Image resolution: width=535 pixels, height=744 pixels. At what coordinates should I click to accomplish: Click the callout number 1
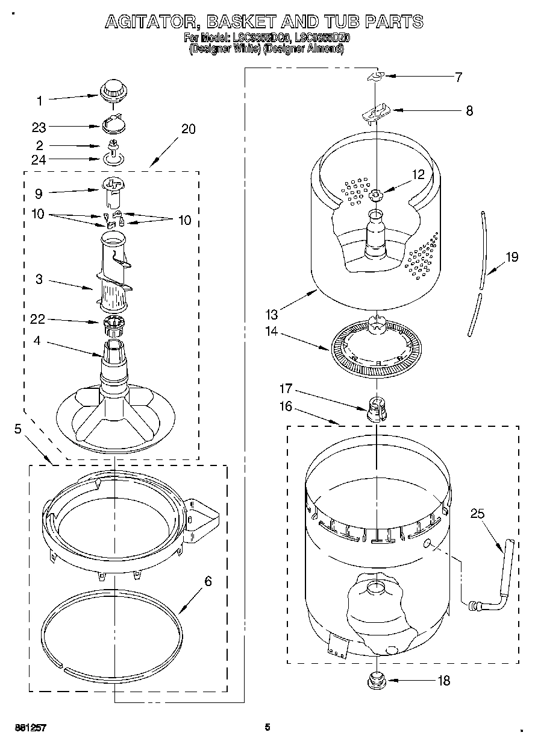coord(39,100)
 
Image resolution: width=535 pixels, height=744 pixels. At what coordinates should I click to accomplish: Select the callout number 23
coord(39,127)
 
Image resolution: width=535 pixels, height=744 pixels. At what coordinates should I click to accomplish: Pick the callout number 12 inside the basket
coord(418,174)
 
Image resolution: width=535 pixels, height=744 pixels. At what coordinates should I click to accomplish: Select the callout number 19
coord(512,257)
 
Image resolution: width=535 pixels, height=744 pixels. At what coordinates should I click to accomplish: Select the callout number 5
coord(17,429)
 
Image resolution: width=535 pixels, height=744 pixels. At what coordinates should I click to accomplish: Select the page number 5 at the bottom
coord(267,727)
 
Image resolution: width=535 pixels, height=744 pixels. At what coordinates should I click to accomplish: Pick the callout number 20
coord(187,129)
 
